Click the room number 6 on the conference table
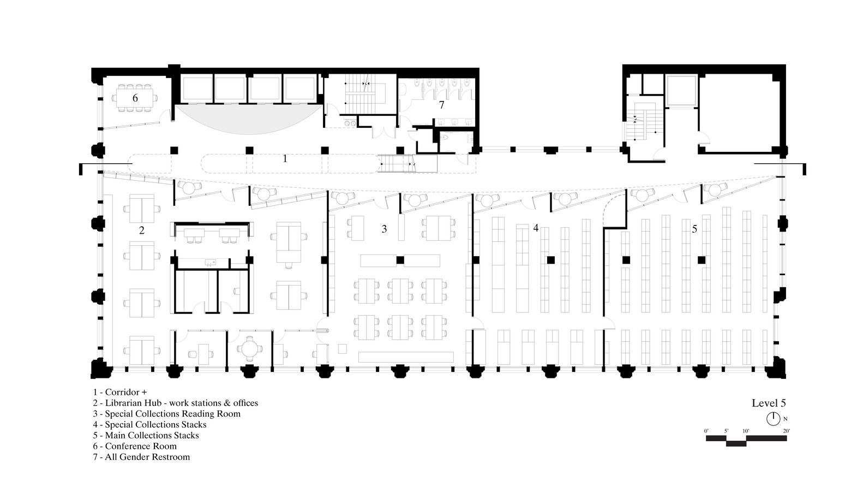tap(135, 98)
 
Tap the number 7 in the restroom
tap(441, 104)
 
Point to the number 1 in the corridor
tap(285, 158)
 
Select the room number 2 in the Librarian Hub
tap(142, 230)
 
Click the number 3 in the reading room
tap(384, 229)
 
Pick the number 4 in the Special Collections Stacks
tap(536, 228)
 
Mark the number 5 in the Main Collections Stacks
tap(694, 229)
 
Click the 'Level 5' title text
tap(769, 403)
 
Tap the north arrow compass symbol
tap(773, 419)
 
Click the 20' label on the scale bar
tap(786, 431)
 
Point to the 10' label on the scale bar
tap(746, 431)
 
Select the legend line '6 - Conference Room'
tap(135, 446)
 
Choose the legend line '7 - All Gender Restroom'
tap(141, 457)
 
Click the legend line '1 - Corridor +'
tap(120, 392)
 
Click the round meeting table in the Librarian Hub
tap(250, 349)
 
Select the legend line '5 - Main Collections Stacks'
tap(146, 435)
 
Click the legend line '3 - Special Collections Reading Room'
tap(167, 414)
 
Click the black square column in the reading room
tap(400, 260)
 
